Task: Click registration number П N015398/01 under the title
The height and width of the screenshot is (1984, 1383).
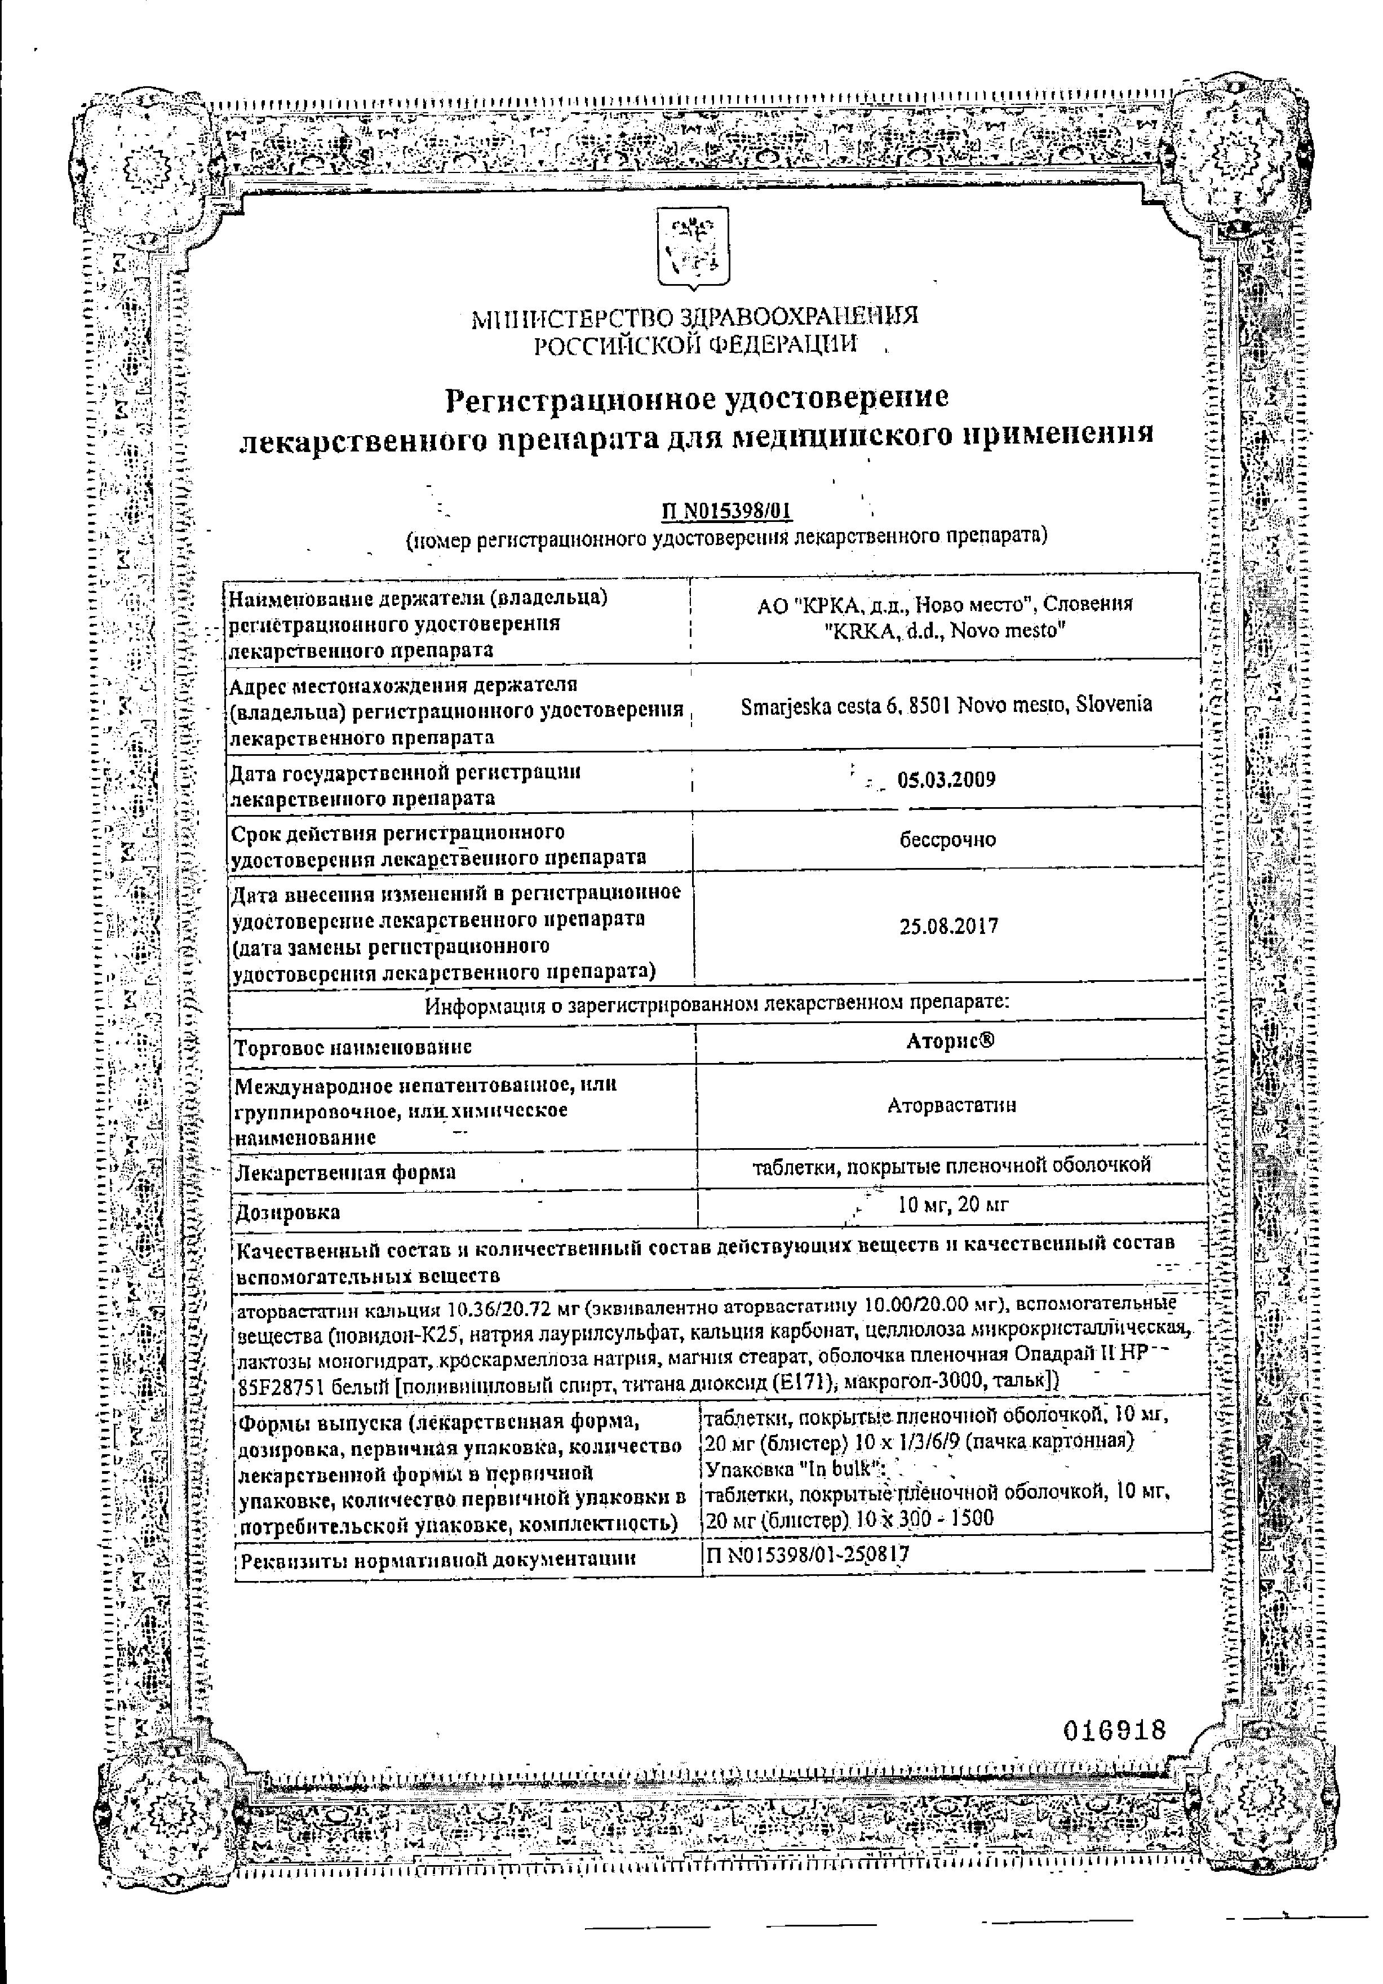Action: click(x=726, y=512)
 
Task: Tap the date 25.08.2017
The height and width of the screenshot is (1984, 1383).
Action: click(x=948, y=926)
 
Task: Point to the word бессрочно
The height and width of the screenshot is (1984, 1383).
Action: click(x=947, y=839)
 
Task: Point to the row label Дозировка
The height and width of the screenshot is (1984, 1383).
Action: click(x=287, y=1212)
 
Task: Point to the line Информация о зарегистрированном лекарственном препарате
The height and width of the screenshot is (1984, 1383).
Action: click(x=717, y=1005)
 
